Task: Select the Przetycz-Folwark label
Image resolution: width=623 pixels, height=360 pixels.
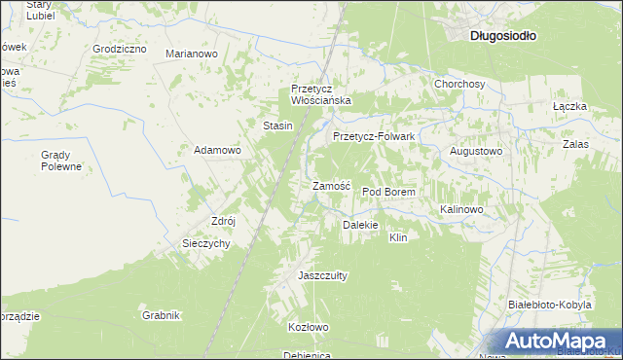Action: click(x=374, y=137)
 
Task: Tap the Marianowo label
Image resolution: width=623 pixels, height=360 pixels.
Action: click(x=191, y=54)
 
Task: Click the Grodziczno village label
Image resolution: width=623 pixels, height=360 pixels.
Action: click(x=119, y=48)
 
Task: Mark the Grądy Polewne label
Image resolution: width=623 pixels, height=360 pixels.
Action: click(x=60, y=161)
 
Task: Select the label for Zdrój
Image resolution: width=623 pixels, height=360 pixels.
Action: click(x=224, y=221)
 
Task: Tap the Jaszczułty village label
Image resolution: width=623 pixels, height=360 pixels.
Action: click(x=322, y=275)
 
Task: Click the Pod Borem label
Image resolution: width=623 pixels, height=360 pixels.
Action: click(x=388, y=193)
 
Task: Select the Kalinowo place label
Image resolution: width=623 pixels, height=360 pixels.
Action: click(x=461, y=209)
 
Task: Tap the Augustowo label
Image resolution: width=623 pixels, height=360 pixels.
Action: click(x=475, y=152)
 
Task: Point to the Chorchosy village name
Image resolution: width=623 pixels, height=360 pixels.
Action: click(x=459, y=84)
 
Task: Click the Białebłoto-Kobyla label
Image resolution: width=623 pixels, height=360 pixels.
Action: click(x=550, y=305)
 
